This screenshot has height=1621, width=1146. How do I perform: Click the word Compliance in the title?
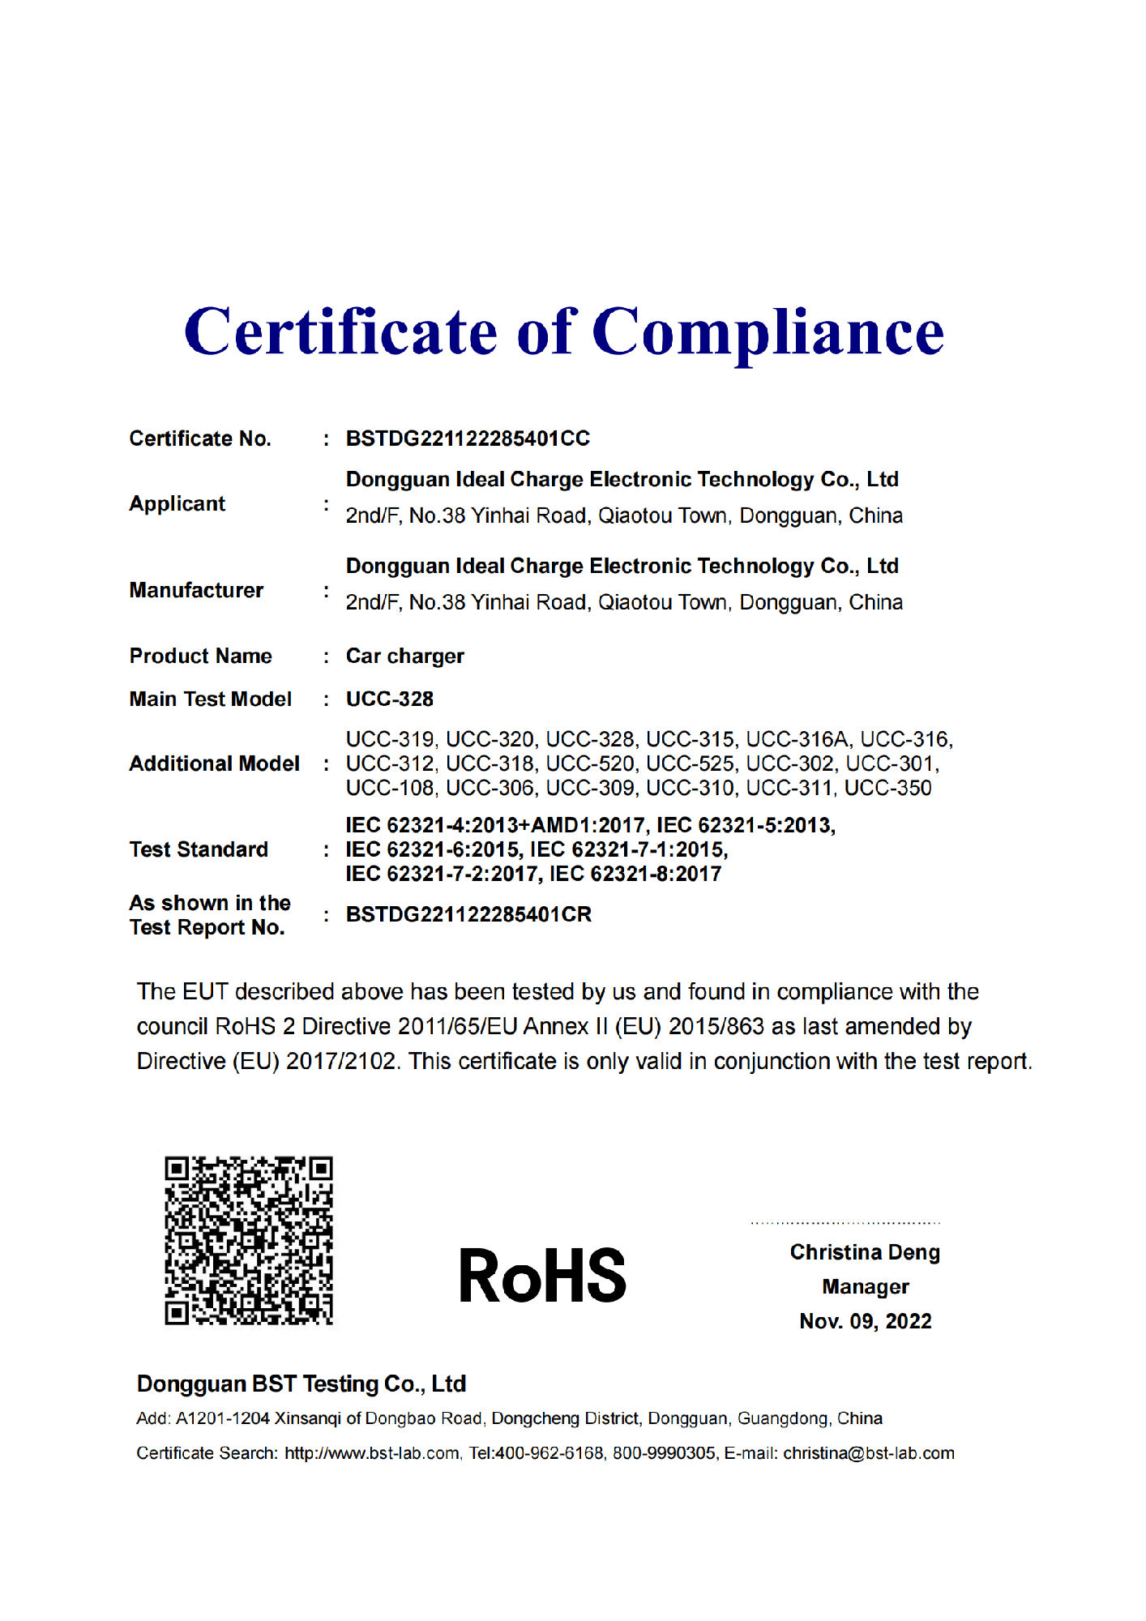[768, 332]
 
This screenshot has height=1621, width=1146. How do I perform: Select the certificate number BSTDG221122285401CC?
[468, 438]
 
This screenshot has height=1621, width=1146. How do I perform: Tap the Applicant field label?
[177, 503]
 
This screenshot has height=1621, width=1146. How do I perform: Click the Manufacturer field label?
[196, 590]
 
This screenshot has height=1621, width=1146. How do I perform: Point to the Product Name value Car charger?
[404, 656]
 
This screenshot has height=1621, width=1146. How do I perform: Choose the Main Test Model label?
[210, 699]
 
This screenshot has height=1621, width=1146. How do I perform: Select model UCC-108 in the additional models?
[390, 788]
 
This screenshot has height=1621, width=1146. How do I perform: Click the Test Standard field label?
[199, 849]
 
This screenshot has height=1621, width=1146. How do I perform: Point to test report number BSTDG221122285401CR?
[468, 914]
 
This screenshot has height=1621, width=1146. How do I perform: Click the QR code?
[249, 1240]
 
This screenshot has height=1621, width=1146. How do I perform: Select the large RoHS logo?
[542, 1276]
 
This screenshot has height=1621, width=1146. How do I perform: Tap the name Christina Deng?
[865, 1252]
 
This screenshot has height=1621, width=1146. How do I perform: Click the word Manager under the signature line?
[865, 1287]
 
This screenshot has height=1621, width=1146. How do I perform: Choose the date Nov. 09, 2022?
[865, 1322]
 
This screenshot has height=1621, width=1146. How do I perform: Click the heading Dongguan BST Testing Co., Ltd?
[301, 1384]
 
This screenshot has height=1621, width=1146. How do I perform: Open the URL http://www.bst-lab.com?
[371, 1453]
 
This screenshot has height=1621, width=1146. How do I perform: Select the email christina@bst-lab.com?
[868, 1453]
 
